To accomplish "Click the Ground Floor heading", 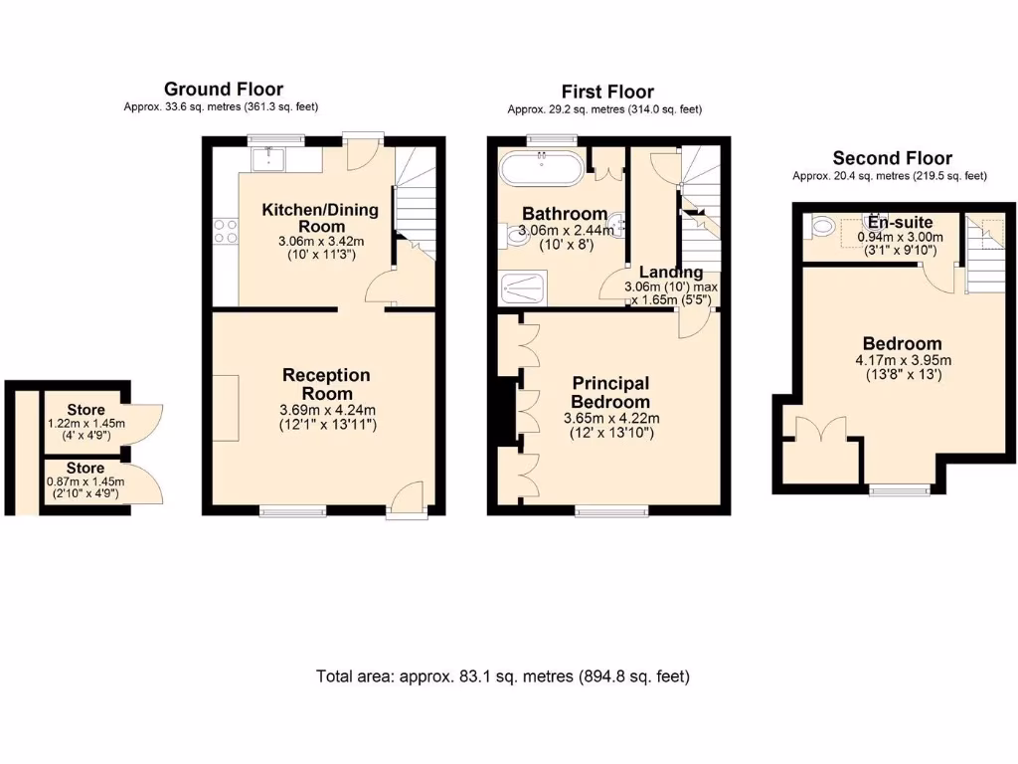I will coord(223,90).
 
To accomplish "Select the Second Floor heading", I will coord(892,158).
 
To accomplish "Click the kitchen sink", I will coord(269,158).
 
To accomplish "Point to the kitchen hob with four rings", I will coord(226,232).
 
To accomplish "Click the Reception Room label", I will coord(326,384).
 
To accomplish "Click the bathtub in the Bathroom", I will coord(542,168).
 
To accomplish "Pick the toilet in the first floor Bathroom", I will coord(518,235).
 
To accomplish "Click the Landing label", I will coord(670,273).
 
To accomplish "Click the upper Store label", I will coord(85,410).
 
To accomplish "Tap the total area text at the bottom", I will coord(502,676).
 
